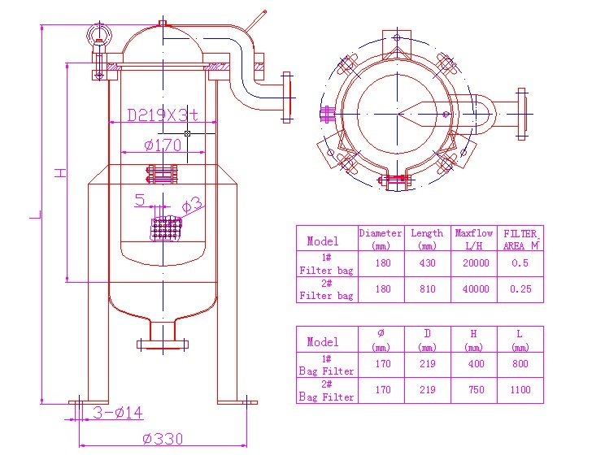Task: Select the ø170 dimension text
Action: (163, 145)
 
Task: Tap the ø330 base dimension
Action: (163, 439)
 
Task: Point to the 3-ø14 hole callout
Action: (118, 414)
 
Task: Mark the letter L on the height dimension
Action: (33, 215)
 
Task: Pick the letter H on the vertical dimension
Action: (59, 173)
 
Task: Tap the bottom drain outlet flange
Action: (163, 345)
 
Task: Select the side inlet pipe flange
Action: (286, 97)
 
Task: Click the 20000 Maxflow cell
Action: (475, 263)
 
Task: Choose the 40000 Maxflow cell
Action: (475, 289)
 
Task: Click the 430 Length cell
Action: (427, 263)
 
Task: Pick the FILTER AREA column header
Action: (520, 239)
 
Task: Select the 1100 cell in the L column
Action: (520, 390)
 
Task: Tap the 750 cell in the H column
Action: (477, 390)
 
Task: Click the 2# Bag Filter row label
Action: (327, 391)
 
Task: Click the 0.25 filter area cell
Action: (520, 289)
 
